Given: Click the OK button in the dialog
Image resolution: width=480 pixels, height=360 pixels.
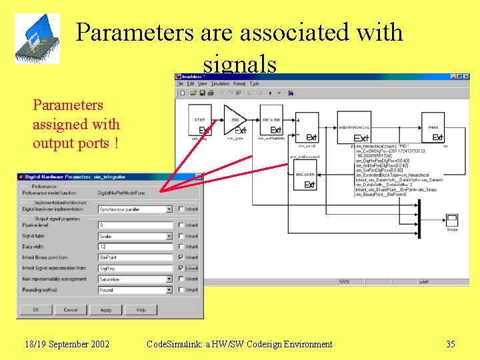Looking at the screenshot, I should pos(35,310).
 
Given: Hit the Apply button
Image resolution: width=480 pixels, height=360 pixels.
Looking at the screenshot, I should pos(105,310).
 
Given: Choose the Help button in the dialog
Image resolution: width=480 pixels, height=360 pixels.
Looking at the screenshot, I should pos(141,310).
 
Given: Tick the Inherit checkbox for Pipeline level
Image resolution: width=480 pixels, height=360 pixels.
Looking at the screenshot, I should pos(181,225).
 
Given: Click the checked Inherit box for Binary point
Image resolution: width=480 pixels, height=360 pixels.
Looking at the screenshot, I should pos(181,257).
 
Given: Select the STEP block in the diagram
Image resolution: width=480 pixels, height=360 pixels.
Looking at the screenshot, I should pos(200,119).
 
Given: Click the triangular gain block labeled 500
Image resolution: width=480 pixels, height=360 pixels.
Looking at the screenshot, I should pos(234,119).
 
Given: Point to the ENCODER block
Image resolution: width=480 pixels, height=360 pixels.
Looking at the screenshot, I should pos(306,179).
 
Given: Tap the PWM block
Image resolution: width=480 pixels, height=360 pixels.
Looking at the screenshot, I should pos(433,127).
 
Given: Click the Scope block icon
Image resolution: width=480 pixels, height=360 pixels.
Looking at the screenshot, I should pos(451,221).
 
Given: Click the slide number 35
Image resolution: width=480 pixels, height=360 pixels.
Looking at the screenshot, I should pos(451,344).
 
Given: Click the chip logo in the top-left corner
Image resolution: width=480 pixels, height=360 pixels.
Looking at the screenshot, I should pos(38,38).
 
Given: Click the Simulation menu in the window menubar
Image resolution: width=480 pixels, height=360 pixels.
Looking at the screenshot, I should pos(220,84).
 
